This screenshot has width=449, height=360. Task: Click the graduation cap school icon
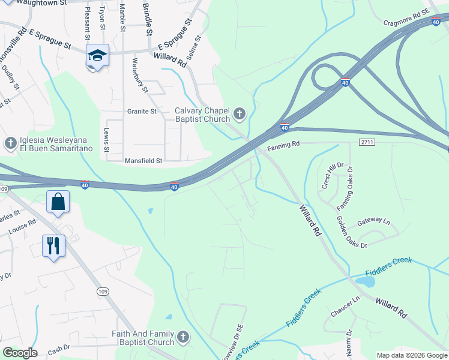[x=97, y=56]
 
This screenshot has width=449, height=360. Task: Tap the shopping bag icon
[x=58, y=202]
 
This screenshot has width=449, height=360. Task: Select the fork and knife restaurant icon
[x=53, y=245]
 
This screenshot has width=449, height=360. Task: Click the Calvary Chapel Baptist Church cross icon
[x=240, y=113]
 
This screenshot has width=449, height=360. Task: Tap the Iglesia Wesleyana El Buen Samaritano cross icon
[x=10, y=143]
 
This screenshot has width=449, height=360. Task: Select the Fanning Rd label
[x=283, y=145]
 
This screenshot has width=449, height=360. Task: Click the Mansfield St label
[x=143, y=161]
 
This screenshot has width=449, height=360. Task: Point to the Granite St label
[x=142, y=111]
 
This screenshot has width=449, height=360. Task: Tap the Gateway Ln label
[x=373, y=222]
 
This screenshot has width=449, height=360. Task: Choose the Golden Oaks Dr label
[x=352, y=232]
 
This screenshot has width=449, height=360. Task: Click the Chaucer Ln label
[x=345, y=306]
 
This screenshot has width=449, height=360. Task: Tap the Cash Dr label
[x=58, y=348]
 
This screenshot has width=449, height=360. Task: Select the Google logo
[x=20, y=353]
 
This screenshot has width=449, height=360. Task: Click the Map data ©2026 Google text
[x=411, y=355]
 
